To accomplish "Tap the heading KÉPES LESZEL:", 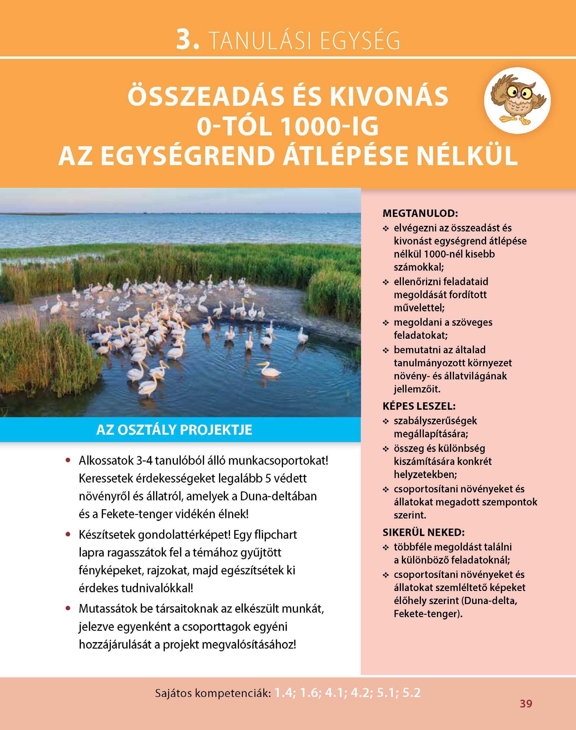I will click(419, 406).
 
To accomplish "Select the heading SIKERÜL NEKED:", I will click(424, 532).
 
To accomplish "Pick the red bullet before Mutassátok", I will click(68, 609).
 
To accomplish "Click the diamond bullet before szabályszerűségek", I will click(385, 422).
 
